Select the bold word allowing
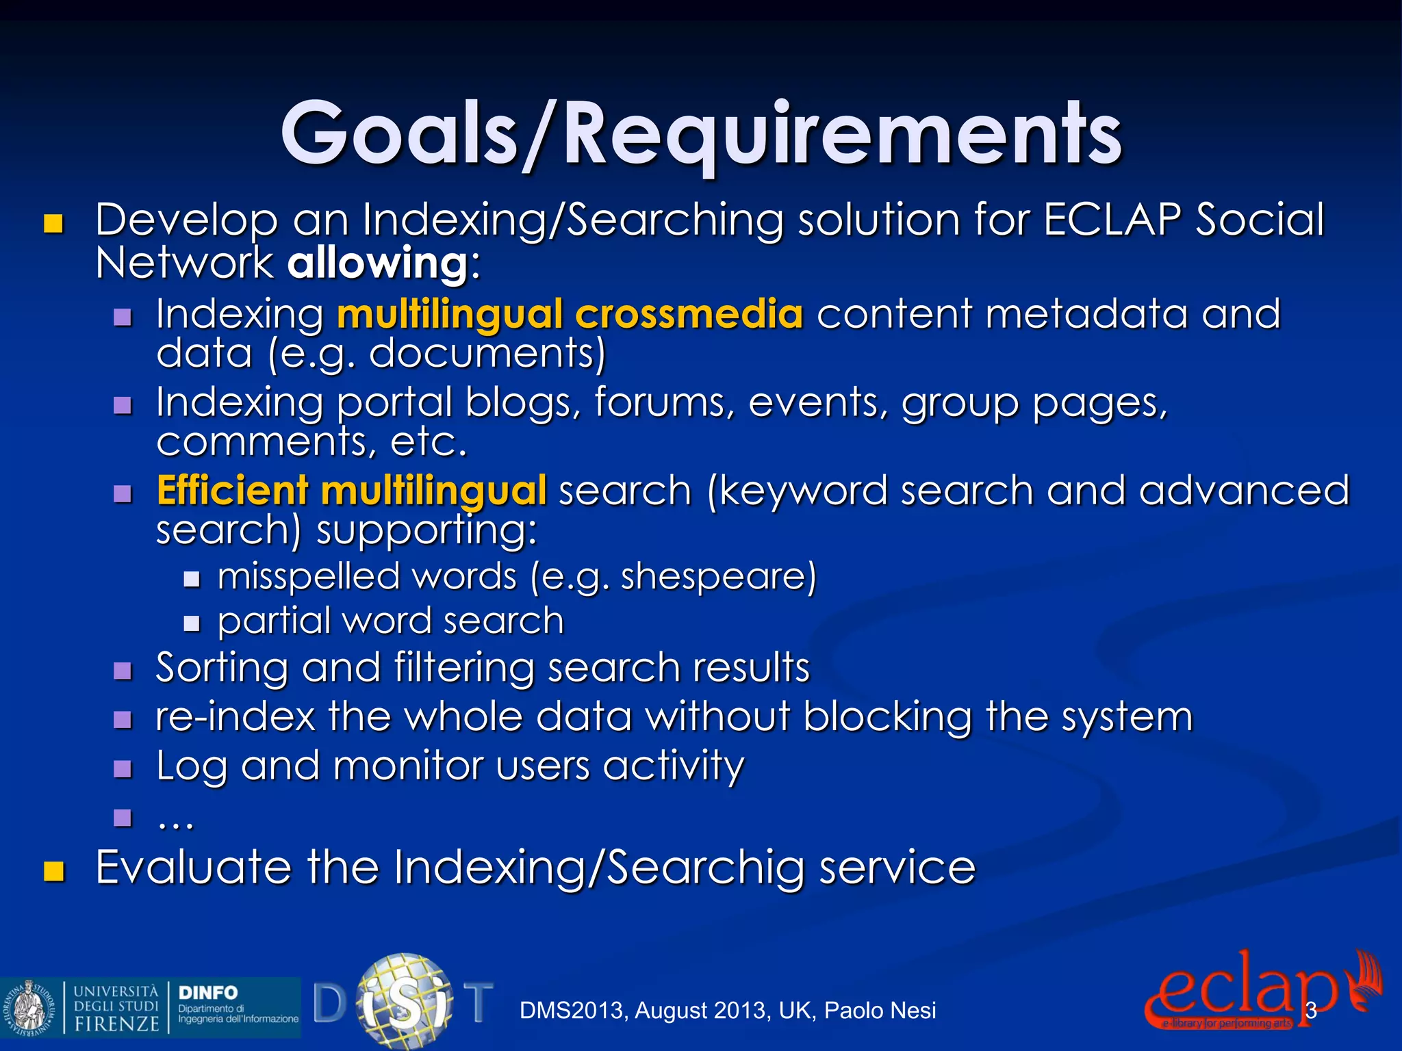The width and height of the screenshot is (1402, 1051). (377, 263)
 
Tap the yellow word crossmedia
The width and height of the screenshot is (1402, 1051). (689, 314)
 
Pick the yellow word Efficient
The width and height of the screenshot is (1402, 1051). (233, 491)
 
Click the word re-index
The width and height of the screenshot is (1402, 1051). (235, 716)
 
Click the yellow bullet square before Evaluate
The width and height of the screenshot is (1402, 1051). (53, 871)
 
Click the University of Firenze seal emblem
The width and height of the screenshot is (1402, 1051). (29, 1007)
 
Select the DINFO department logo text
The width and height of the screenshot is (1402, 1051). (208, 992)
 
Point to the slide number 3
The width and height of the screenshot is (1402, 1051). (1311, 1011)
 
